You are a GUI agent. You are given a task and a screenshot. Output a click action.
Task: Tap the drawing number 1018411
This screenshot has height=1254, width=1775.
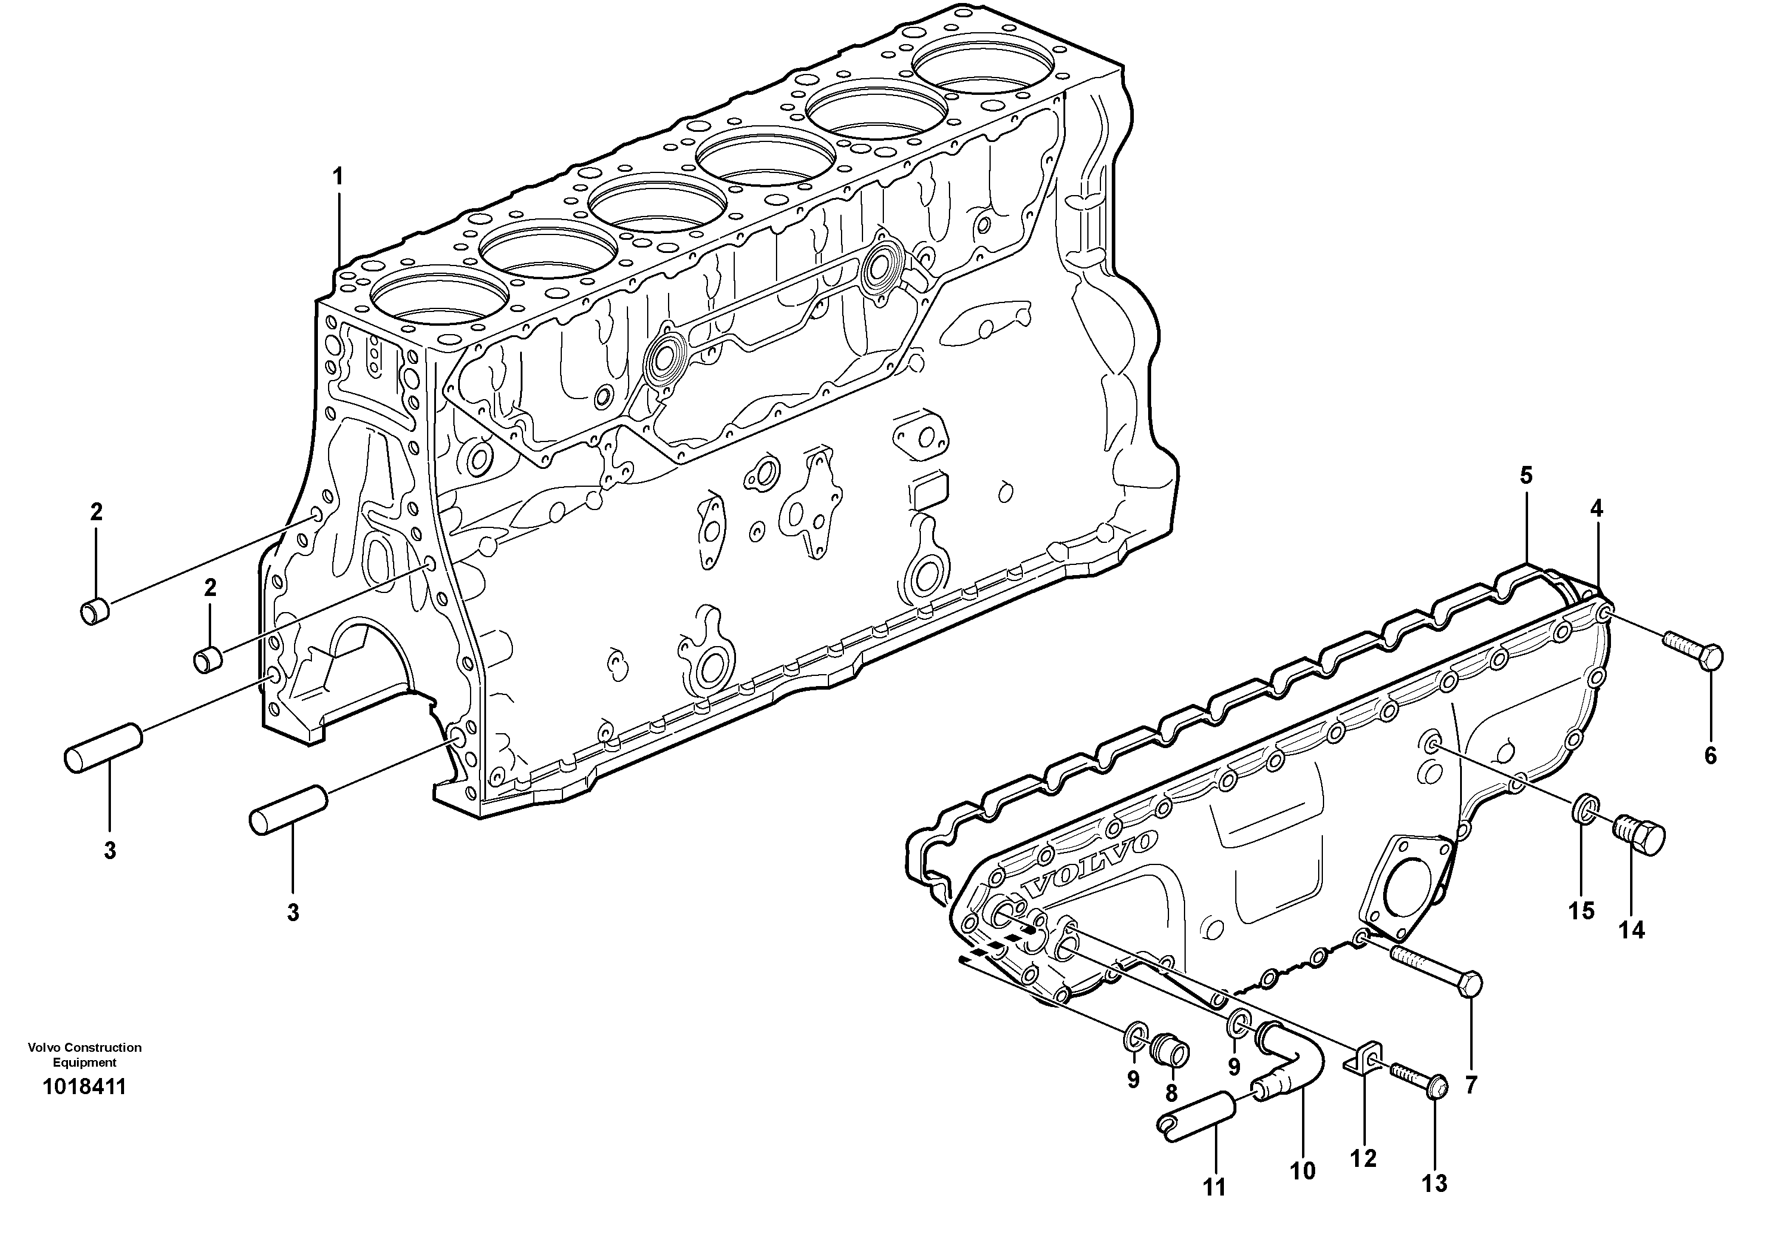click(x=84, y=1087)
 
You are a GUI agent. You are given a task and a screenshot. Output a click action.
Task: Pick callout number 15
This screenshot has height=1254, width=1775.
click(x=1582, y=912)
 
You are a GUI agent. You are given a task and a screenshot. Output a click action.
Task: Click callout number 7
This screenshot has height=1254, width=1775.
click(x=1470, y=1085)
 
